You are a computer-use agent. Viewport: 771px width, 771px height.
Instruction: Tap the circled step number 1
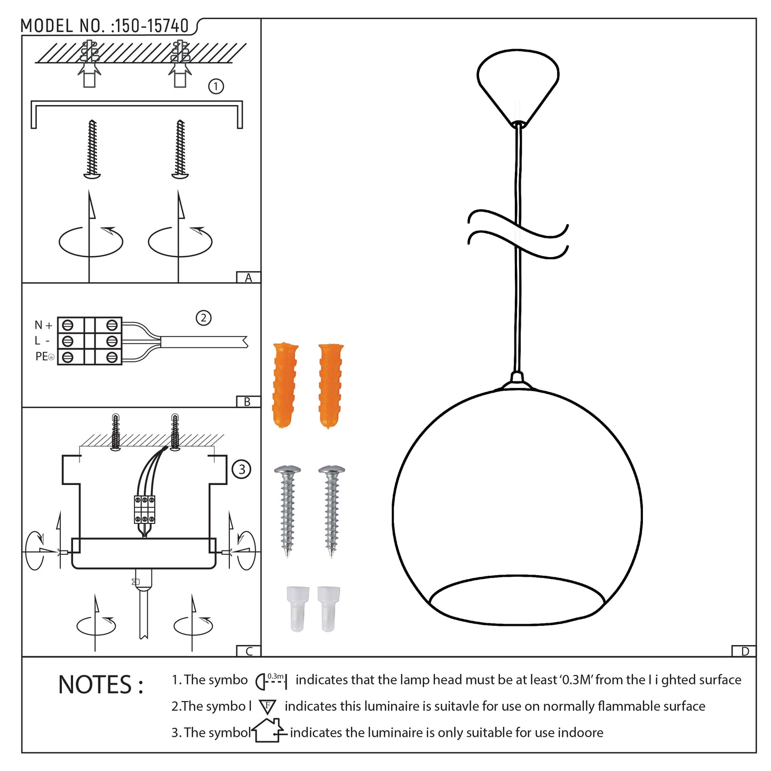click(216, 86)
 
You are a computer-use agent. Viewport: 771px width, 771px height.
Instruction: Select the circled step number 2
click(203, 318)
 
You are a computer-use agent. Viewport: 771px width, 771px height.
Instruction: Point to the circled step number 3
click(241, 469)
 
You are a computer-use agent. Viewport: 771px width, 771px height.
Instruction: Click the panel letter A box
click(248, 277)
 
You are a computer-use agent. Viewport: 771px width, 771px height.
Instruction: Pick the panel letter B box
click(248, 401)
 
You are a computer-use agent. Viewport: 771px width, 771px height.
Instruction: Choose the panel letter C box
click(248, 651)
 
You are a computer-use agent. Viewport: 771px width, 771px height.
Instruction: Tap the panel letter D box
click(743, 651)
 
